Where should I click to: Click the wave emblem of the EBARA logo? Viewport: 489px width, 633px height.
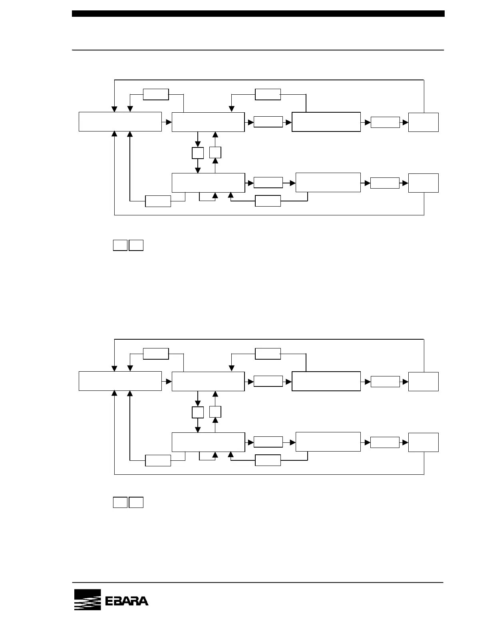point(87,600)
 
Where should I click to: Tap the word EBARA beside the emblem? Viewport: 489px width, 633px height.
point(127,601)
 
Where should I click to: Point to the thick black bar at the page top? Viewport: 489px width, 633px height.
point(258,14)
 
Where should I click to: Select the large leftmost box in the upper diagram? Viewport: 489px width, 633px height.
point(120,122)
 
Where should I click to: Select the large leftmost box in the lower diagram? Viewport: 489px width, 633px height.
point(120,381)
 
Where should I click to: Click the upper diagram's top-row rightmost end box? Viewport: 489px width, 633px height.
point(423,122)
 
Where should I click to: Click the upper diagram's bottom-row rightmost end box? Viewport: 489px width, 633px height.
point(423,183)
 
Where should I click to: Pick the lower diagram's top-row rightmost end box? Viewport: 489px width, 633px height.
point(423,382)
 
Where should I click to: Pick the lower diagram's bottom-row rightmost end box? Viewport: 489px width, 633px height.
point(423,442)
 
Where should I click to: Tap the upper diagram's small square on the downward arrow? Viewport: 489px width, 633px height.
point(198,153)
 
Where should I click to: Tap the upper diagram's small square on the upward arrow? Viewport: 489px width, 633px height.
point(215,152)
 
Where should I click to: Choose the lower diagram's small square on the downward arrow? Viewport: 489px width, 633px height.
point(198,412)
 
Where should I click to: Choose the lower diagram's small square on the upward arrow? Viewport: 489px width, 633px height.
point(215,412)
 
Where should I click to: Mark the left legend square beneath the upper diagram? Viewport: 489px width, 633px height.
point(120,245)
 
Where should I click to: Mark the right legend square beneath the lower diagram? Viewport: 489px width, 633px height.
point(136,502)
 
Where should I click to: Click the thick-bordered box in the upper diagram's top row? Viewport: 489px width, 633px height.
point(326,122)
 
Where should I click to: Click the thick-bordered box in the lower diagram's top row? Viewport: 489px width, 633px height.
point(326,381)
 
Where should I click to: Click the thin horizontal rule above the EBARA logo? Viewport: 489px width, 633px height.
point(258,583)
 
